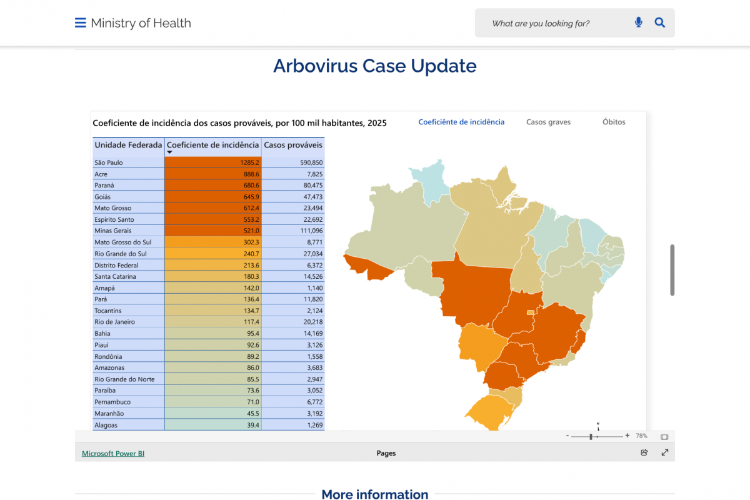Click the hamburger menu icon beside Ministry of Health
click(x=80, y=23)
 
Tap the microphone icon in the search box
click(x=638, y=23)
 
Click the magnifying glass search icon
click(x=659, y=23)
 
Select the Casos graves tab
click(x=548, y=122)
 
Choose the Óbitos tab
click(x=614, y=122)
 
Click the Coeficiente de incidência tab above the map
click(x=461, y=122)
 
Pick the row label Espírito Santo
click(x=114, y=219)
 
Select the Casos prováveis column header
click(x=293, y=145)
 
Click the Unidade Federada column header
click(x=128, y=145)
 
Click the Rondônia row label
click(x=108, y=356)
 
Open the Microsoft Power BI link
click(x=113, y=453)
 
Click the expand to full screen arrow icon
click(x=665, y=452)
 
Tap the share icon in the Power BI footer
click(x=644, y=452)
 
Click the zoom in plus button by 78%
click(x=627, y=436)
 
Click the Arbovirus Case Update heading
click(x=375, y=66)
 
